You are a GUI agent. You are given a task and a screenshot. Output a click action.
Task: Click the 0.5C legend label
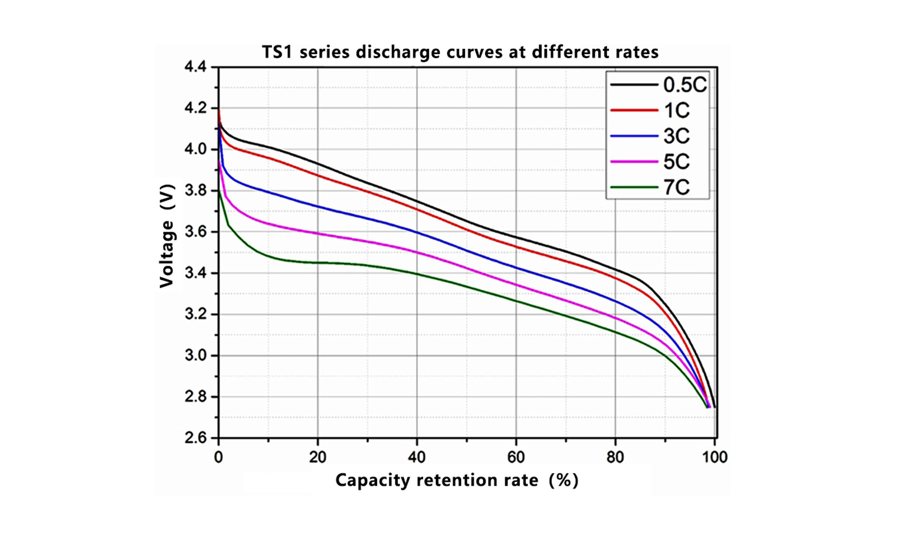tap(685, 85)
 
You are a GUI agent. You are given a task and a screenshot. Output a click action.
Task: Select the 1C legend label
tap(677, 110)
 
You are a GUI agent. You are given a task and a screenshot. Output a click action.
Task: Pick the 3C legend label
tap(677, 136)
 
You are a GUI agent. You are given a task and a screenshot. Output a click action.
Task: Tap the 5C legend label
tap(677, 162)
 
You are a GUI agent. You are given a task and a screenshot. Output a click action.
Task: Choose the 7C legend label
tap(677, 187)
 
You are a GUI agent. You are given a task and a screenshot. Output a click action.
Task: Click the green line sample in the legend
tap(634, 187)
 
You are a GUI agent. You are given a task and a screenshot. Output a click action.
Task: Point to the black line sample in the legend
tap(634, 85)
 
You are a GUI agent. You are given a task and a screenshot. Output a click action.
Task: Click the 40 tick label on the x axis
tap(417, 457)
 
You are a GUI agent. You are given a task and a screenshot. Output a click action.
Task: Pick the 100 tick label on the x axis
tap(714, 457)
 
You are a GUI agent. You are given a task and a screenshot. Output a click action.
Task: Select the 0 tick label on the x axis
tap(219, 457)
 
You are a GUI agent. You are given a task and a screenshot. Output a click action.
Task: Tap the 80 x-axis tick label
tap(615, 457)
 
